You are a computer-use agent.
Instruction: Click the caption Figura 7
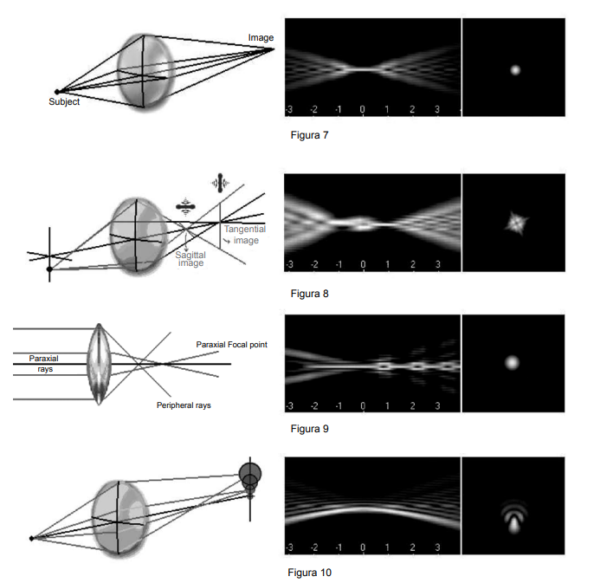coord(309,135)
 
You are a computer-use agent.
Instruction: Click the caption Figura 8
coord(309,294)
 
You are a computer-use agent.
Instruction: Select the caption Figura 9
coord(309,429)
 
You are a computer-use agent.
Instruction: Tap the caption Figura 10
coord(309,573)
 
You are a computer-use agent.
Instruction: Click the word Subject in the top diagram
coord(64,102)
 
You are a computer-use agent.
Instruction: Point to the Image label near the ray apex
coord(261,38)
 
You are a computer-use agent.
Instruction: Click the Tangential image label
coord(245,235)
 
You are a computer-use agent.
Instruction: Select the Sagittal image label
coord(190,259)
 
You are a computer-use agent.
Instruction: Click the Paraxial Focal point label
coord(231,345)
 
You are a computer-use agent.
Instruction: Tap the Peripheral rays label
coord(184,405)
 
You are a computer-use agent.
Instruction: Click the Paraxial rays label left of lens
coord(44,364)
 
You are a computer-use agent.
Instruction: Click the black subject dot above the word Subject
coord(57,92)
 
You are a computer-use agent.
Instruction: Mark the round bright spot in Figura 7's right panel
coord(515,70)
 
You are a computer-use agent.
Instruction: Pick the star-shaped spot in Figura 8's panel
coord(517,223)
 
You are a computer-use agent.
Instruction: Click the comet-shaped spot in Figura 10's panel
coord(514,517)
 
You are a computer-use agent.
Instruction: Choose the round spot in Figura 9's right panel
coord(512,362)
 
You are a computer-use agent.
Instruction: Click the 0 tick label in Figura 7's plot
coord(363,109)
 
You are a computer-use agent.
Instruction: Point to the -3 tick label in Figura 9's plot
coord(289,405)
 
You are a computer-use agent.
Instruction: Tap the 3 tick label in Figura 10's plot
coord(437,547)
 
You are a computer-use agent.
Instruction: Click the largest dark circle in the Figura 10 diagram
coord(250,474)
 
